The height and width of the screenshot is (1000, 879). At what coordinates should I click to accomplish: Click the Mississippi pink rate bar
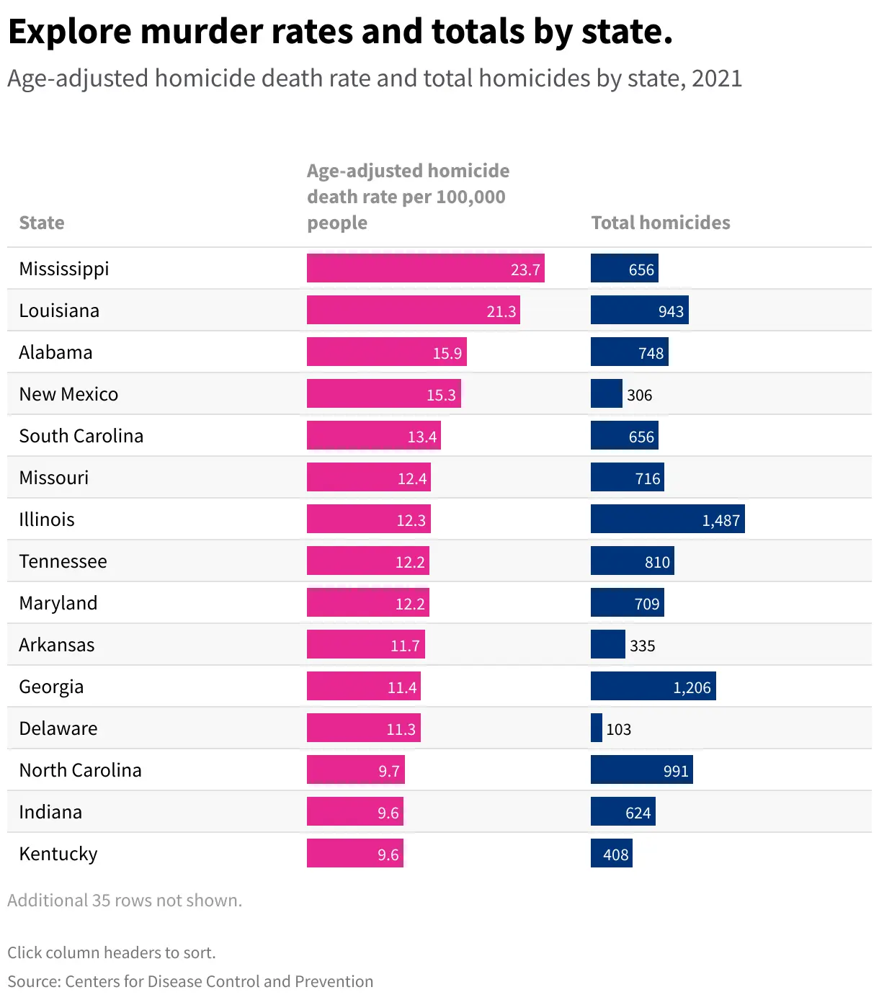pos(425,268)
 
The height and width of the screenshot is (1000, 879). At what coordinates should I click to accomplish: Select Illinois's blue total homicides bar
pos(667,519)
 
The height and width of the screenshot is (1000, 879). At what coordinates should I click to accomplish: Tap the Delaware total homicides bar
pos(597,728)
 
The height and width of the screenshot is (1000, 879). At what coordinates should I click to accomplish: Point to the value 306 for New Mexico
pos(639,395)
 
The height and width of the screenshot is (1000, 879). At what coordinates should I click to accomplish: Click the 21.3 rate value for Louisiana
pos(501,311)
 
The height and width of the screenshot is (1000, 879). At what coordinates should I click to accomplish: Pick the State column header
pos(42,223)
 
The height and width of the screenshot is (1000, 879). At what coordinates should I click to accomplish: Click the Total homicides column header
pos(660,223)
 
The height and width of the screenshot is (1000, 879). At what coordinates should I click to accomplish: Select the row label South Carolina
pos(81,436)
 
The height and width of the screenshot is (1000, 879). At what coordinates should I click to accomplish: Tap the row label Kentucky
pos(58,854)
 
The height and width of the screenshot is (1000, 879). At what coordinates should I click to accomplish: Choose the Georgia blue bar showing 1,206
pos(653,686)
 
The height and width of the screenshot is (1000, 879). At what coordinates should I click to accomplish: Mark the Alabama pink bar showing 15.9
pos(386,352)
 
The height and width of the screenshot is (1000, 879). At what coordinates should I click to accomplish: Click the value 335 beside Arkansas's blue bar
pos(642,646)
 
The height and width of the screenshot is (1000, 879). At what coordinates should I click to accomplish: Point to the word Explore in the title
pos(70,32)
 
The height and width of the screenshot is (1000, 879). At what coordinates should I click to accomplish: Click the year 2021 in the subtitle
pos(716,79)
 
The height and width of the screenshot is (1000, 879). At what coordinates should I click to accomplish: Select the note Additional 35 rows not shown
pos(125,901)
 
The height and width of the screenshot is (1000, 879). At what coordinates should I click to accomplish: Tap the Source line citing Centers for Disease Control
pos(190,981)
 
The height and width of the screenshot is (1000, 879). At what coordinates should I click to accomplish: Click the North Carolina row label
pos(80,770)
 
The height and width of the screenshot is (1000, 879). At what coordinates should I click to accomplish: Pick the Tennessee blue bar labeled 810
pos(632,561)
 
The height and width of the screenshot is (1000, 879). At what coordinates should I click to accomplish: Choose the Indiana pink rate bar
pos(354,811)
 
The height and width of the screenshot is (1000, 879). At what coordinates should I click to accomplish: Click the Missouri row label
pos(53,478)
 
